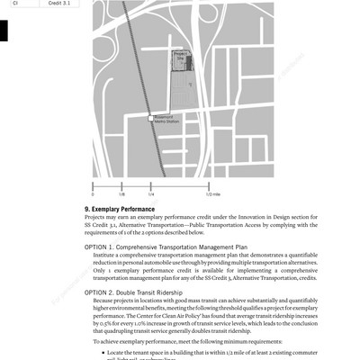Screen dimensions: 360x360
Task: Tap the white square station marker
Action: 150,118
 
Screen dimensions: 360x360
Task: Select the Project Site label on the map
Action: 181,56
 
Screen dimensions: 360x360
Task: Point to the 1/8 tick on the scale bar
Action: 121,186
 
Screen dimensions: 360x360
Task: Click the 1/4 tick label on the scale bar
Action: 150,193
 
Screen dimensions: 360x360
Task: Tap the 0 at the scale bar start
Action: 94,193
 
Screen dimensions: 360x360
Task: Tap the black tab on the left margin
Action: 4,30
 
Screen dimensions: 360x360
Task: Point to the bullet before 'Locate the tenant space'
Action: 98,353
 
